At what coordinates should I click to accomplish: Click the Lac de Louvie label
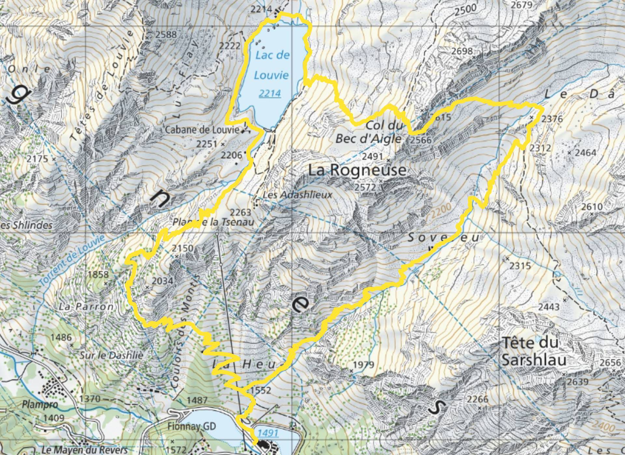tap(272, 65)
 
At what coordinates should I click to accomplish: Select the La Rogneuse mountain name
tap(357, 170)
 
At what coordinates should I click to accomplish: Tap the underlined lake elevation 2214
tap(270, 93)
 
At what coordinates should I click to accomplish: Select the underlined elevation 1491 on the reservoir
tap(268, 433)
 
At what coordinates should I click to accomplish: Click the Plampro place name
tap(40, 405)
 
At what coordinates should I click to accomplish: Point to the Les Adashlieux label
tap(297, 195)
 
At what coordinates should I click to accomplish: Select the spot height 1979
tap(363, 365)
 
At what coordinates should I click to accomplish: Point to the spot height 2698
tap(462, 51)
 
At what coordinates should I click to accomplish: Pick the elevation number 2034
tap(162, 281)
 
